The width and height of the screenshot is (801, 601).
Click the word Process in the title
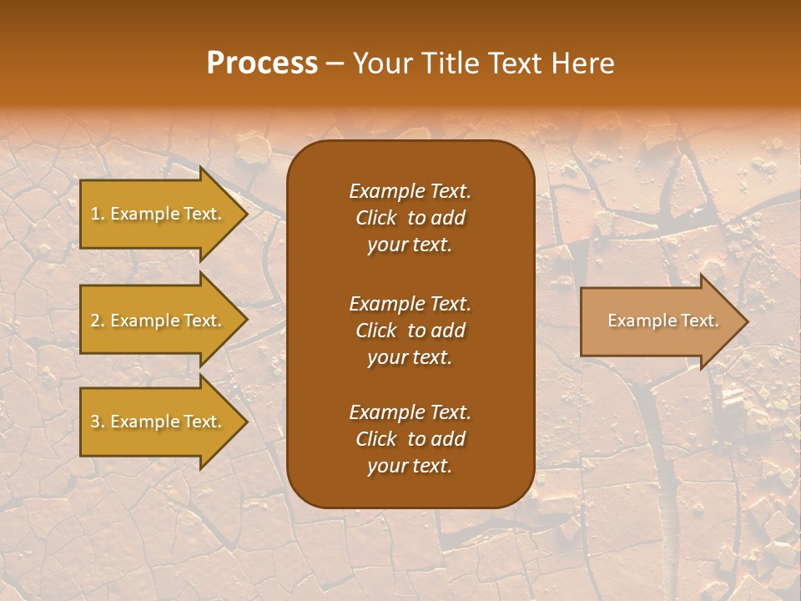click(x=262, y=63)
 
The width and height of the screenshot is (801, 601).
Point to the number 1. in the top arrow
click(x=98, y=214)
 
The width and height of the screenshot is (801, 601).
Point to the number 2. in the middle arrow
click(x=98, y=321)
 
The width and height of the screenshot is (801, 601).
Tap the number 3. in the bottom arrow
click(x=98, y=422)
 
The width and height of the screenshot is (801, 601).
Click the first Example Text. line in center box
click(x=410, y=191)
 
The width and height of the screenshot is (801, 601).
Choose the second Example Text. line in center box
click(x=410, y=303)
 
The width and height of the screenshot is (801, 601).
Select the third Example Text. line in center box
click(x=410, y=412)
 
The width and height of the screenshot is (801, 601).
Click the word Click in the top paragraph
click(x=376, y=218)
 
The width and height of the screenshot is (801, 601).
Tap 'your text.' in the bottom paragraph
click(x=410, y=467)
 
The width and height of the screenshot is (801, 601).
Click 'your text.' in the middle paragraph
click(x=410, y=357)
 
